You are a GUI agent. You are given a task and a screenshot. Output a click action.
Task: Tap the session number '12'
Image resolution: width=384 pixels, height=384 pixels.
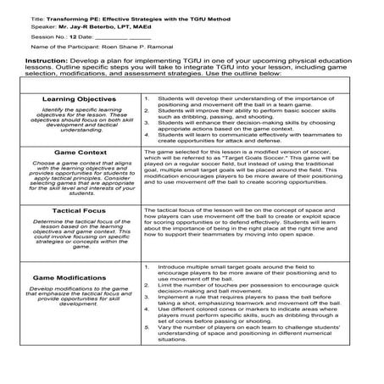(x=74, y=37)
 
